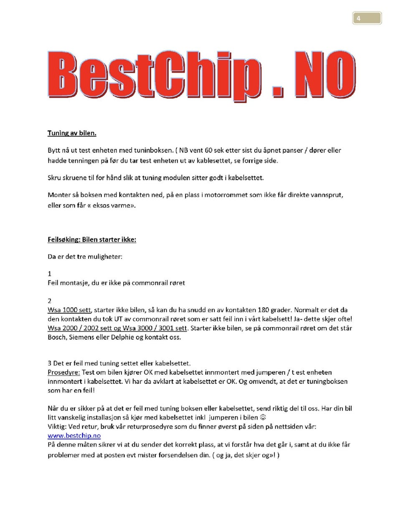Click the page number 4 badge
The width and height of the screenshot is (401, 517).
(x=367, y=18)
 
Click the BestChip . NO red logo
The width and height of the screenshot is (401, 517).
(x=201, y=76)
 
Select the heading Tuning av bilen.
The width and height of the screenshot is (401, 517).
(x=72, y=133)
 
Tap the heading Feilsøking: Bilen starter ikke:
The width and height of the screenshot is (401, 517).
(x=91, y=240)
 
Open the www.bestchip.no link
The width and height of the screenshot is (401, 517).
(x=74, y=436)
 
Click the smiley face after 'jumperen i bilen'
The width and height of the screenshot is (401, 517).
(x=263, y=417)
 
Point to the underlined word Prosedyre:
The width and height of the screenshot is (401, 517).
(x=63, y=372)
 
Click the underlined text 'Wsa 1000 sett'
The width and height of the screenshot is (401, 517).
(x=69, y=310)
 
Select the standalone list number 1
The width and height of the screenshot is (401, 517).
(x=49, y=274)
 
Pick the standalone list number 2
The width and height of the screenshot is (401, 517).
(x=49, y=301)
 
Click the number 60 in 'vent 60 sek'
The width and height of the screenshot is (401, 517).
(x=208, y=150)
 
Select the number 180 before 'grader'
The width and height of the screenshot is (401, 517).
(x=263, y=310)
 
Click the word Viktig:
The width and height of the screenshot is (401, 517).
(x=57, y=426)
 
